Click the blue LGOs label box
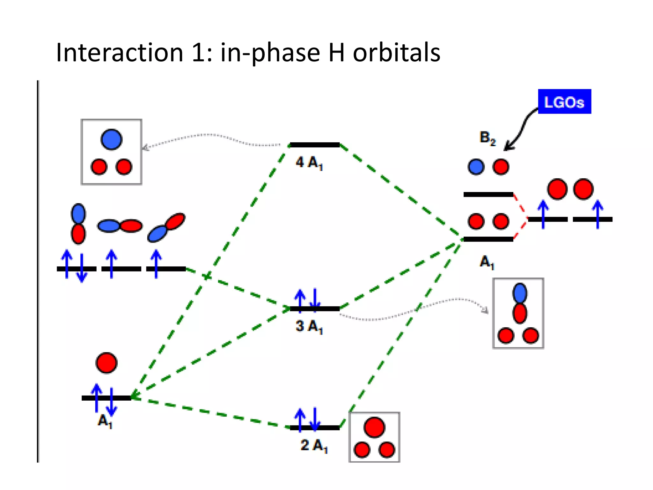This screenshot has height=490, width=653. coord(564,101)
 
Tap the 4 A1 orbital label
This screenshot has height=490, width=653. coord(309,163)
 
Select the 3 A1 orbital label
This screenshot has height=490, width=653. coord(309,326)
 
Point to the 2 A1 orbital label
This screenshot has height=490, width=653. coord(314,445)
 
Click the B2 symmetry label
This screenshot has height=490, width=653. coord(488,138)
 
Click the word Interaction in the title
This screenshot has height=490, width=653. coord(120,53)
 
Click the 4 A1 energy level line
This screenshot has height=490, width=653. coord(314,145)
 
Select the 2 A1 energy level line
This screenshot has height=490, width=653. coord(314,428)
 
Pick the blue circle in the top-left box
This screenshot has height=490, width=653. coord(111,139)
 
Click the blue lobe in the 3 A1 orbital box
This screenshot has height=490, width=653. coord(520,293)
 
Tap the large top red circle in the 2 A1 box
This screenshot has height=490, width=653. coord(374,427)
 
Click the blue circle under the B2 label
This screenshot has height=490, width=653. coord(476,167)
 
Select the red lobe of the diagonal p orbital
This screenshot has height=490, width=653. coord(175,221)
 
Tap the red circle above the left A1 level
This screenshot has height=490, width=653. coord(106,363)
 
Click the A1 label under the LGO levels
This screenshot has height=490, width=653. coord(487,262)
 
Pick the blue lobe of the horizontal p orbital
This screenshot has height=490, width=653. coord(108,226)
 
